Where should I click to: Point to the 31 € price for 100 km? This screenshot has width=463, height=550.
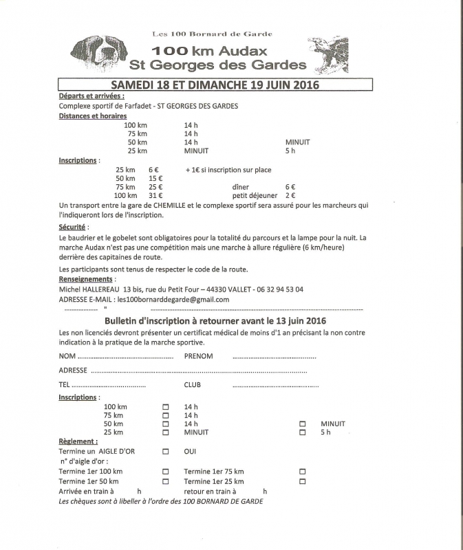(x=155, y=196)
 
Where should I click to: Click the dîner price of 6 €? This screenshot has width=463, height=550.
(x=290, y=187)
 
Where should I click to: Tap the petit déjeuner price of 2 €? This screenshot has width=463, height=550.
(x=290, y=196)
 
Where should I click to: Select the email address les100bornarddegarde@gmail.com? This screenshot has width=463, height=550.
(x=173, y=299)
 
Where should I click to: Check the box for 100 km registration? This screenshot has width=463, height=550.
(x=165, y=406)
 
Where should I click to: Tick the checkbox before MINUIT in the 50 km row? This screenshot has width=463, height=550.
(x=302, y=424)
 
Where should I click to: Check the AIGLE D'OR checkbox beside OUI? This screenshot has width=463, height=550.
(x=165, y=452)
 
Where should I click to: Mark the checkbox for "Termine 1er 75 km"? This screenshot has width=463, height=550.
(x=302, y=472)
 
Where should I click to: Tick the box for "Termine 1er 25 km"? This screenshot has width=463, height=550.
(x=302, y=482)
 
